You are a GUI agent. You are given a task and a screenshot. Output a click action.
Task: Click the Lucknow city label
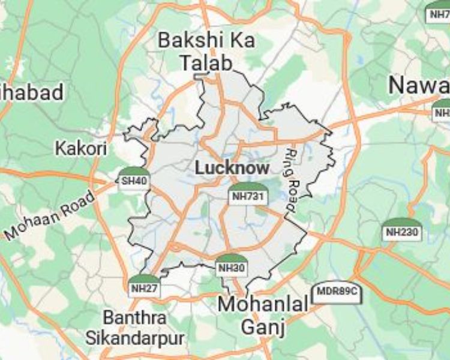[x=232, y=169]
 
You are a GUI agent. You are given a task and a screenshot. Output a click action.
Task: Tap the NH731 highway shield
[x=247, y=195]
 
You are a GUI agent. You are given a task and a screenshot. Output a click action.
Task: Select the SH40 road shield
[x=133, y=180]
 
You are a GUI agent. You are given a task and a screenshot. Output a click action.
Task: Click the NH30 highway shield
[x=230, y=268]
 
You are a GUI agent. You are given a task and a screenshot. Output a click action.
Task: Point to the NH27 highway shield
[x=144, y=287]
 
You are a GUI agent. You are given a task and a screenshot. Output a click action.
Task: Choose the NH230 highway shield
[x=401, y=231]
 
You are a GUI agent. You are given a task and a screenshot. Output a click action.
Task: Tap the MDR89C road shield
[x=336, y=292]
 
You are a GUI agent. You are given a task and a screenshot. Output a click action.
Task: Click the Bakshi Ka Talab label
[x=206, y=52]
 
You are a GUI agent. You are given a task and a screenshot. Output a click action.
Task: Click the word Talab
[x=206, y=62]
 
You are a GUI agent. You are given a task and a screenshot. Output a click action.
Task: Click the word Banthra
[x=134, y=317]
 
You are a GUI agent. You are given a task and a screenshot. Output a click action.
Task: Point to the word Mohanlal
[x=263, y=304]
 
